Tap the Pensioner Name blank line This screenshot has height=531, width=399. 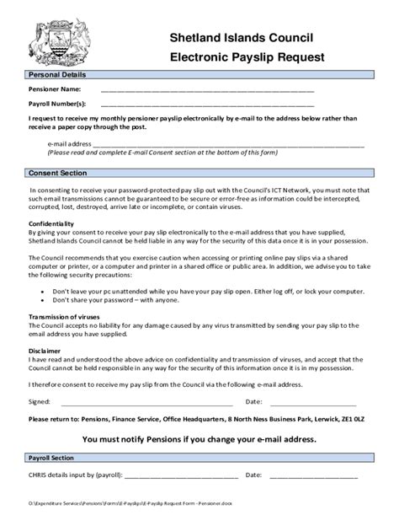[x=207, y=88]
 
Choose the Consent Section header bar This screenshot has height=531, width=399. [x=57, y=173]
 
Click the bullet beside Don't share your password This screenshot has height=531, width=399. [x=43, y=300]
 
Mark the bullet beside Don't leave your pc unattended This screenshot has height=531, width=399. [x=43, y=289]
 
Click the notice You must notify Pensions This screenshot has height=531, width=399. [x=199, y=439]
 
